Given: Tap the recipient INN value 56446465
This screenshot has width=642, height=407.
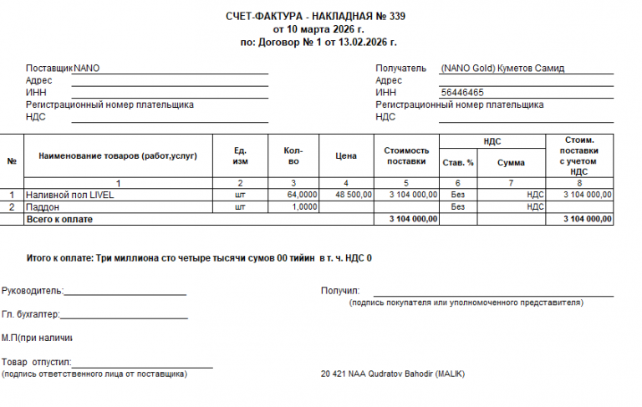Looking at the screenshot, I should (462, 93).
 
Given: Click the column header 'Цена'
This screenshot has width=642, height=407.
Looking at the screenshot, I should (346, 156).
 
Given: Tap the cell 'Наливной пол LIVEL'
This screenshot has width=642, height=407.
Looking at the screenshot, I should (70, 195).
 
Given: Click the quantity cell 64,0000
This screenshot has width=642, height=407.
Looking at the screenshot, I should (302, 195).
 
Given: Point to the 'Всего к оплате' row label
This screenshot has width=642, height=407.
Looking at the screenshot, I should (59, 219).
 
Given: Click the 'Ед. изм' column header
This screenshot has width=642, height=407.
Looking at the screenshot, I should (240, 156).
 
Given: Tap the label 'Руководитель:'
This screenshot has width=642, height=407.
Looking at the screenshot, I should (33, 292).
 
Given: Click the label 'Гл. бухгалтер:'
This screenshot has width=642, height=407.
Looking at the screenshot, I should (31, 315).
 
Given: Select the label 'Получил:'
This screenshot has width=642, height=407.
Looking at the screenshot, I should (339, 291).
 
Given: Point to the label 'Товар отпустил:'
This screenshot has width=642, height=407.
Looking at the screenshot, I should (37, 363).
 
